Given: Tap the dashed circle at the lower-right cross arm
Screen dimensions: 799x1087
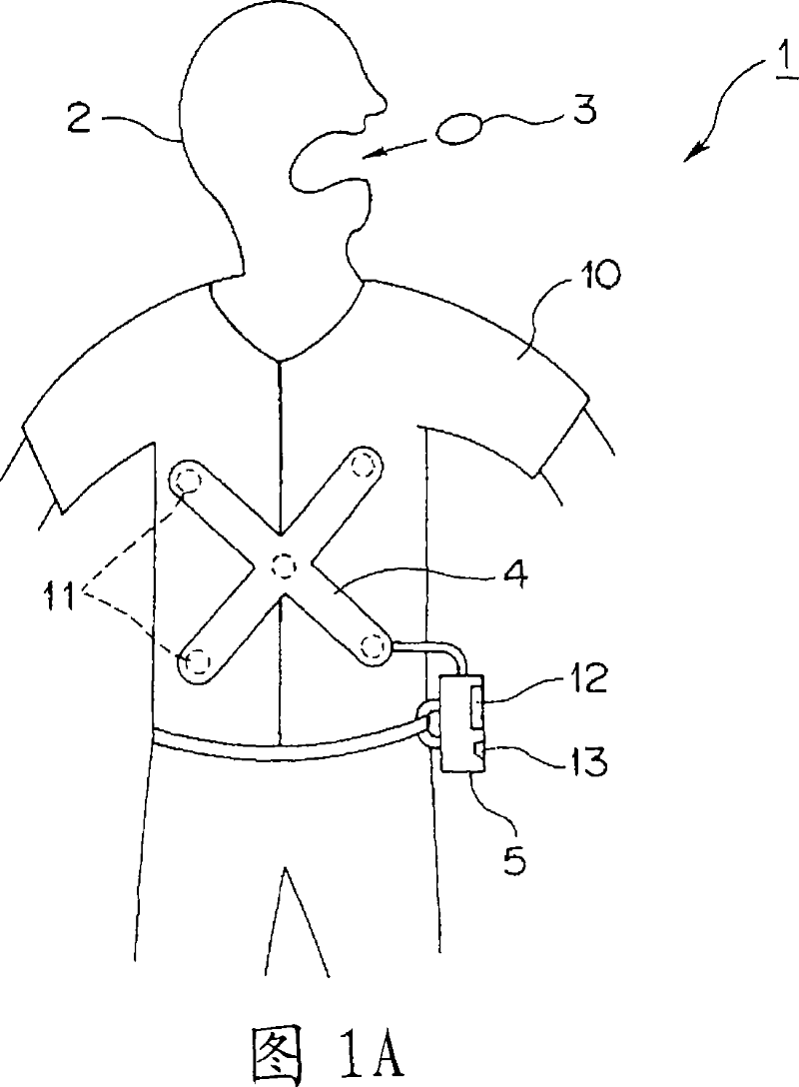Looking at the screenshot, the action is tap(375, 648).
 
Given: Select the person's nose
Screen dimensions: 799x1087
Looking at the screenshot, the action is tap(374, 100).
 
